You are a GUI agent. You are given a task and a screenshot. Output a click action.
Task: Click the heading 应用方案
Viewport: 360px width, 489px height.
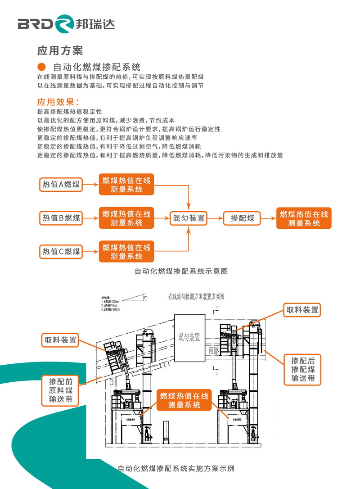tap(60, 50)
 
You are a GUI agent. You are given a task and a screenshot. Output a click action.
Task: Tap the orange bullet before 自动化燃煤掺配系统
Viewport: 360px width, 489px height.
tap(41, 67)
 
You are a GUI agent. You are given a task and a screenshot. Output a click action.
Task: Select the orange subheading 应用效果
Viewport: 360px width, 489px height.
tap(58, 101)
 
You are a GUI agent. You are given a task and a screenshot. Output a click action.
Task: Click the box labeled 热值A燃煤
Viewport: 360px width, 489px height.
tap(61, 184)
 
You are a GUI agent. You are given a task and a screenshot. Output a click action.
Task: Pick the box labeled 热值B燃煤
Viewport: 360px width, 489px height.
tap(61, 218)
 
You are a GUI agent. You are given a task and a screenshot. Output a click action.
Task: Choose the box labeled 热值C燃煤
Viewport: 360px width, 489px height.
tap(61, 251)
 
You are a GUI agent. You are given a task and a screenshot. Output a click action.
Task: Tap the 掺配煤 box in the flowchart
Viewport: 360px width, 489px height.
tap(243, 218)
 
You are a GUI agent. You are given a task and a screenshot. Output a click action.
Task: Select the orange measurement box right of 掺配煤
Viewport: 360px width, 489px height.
tap(304, 218)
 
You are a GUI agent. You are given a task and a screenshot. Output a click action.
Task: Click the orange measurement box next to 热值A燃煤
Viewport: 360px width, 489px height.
tap(126, 185)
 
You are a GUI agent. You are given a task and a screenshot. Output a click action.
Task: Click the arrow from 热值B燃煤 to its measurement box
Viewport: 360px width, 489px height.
tap(91, 218)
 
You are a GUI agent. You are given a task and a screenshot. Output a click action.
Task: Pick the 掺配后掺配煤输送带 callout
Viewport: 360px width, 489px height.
tap(303, 369)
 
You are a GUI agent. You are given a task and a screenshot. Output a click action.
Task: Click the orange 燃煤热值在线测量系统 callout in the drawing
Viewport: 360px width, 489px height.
tap(184, 400)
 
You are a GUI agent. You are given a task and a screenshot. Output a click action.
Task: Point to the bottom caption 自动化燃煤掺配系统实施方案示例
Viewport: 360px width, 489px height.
tap(175, 468)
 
